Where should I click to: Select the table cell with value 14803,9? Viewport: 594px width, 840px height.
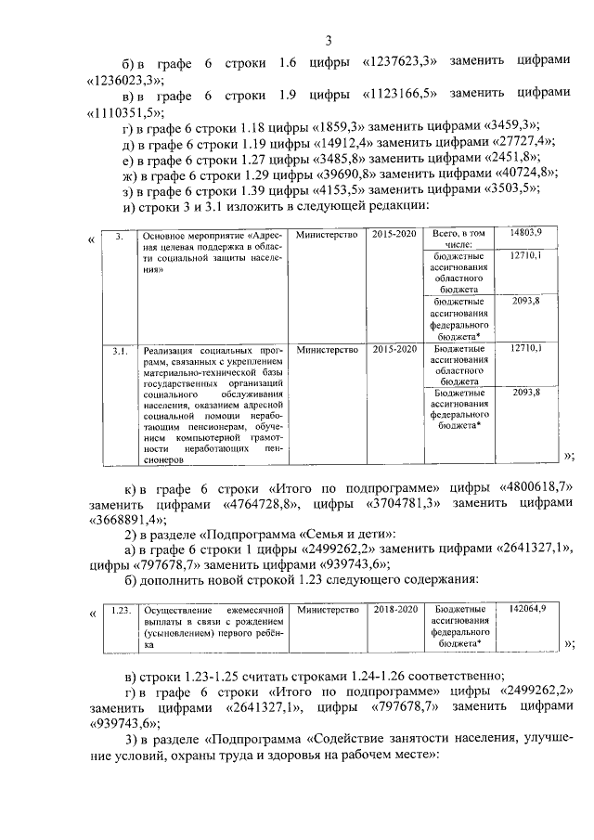click(x=525, y=231)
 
